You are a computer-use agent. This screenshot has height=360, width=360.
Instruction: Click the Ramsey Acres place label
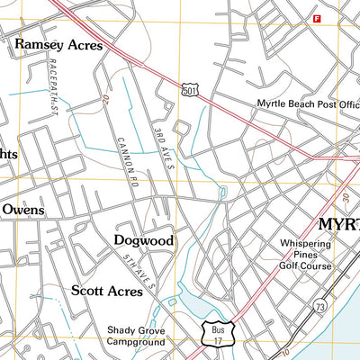[x=58, y=43]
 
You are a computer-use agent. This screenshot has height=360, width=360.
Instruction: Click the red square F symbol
[x=316, y=18]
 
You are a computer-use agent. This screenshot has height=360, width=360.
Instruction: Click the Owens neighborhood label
[x=22, y=210]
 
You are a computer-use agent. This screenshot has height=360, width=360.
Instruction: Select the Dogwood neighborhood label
[x=144, y=240]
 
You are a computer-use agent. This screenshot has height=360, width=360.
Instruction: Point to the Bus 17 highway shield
[x=215, y=334]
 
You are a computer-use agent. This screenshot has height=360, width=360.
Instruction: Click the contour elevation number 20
[x=106, y=97]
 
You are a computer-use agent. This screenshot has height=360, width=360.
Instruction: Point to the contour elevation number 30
[x=345, y=197]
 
